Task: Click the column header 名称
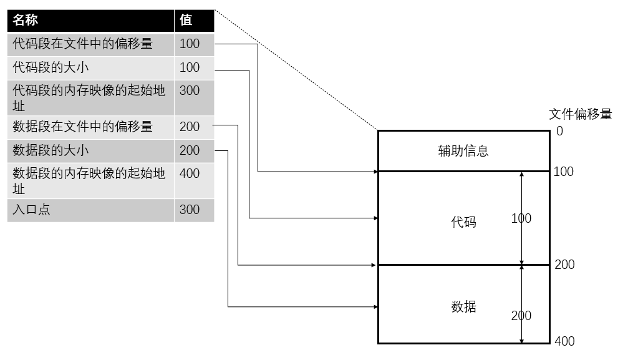click(26, 20)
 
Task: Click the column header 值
click(186, 20)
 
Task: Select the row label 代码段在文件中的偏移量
click(82, 44)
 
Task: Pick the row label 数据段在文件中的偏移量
click(82, 127)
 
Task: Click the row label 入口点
click(32, 210)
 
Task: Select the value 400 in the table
click(190, 173)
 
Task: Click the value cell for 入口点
click(190, 210)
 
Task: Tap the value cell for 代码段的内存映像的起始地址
click(190, 90)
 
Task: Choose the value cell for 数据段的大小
click(190, 150)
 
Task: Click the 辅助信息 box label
click(463, 151)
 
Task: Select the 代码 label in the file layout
click(463, 221)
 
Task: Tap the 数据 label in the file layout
click(463, 306)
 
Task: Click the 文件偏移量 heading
click(580, 114)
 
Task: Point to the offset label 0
click(559, 131)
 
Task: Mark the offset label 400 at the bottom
click(564, 341)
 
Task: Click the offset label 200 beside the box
click(564, 265)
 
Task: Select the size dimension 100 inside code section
click(521, 218)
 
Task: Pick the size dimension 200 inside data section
click(521, 316)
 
